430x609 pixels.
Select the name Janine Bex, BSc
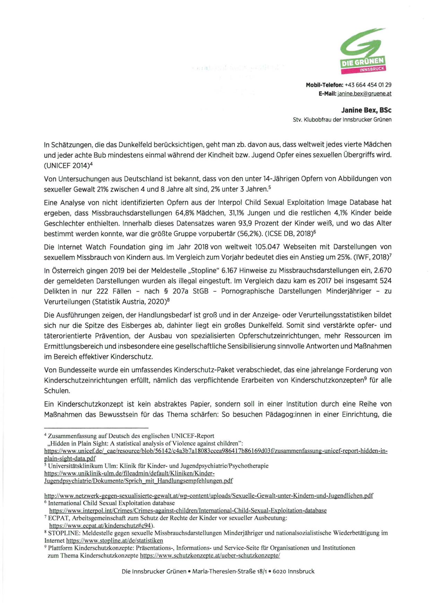click(x=366, y=110)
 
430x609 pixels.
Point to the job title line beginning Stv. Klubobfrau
click(x=342, y=120)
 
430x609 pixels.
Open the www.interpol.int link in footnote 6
click(x=188, y=511)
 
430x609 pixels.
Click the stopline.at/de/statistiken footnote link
click(x=114, y=541)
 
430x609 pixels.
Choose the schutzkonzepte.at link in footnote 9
click(x=210, y=556)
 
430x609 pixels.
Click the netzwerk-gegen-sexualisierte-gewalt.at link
click(x=208, y=496)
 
